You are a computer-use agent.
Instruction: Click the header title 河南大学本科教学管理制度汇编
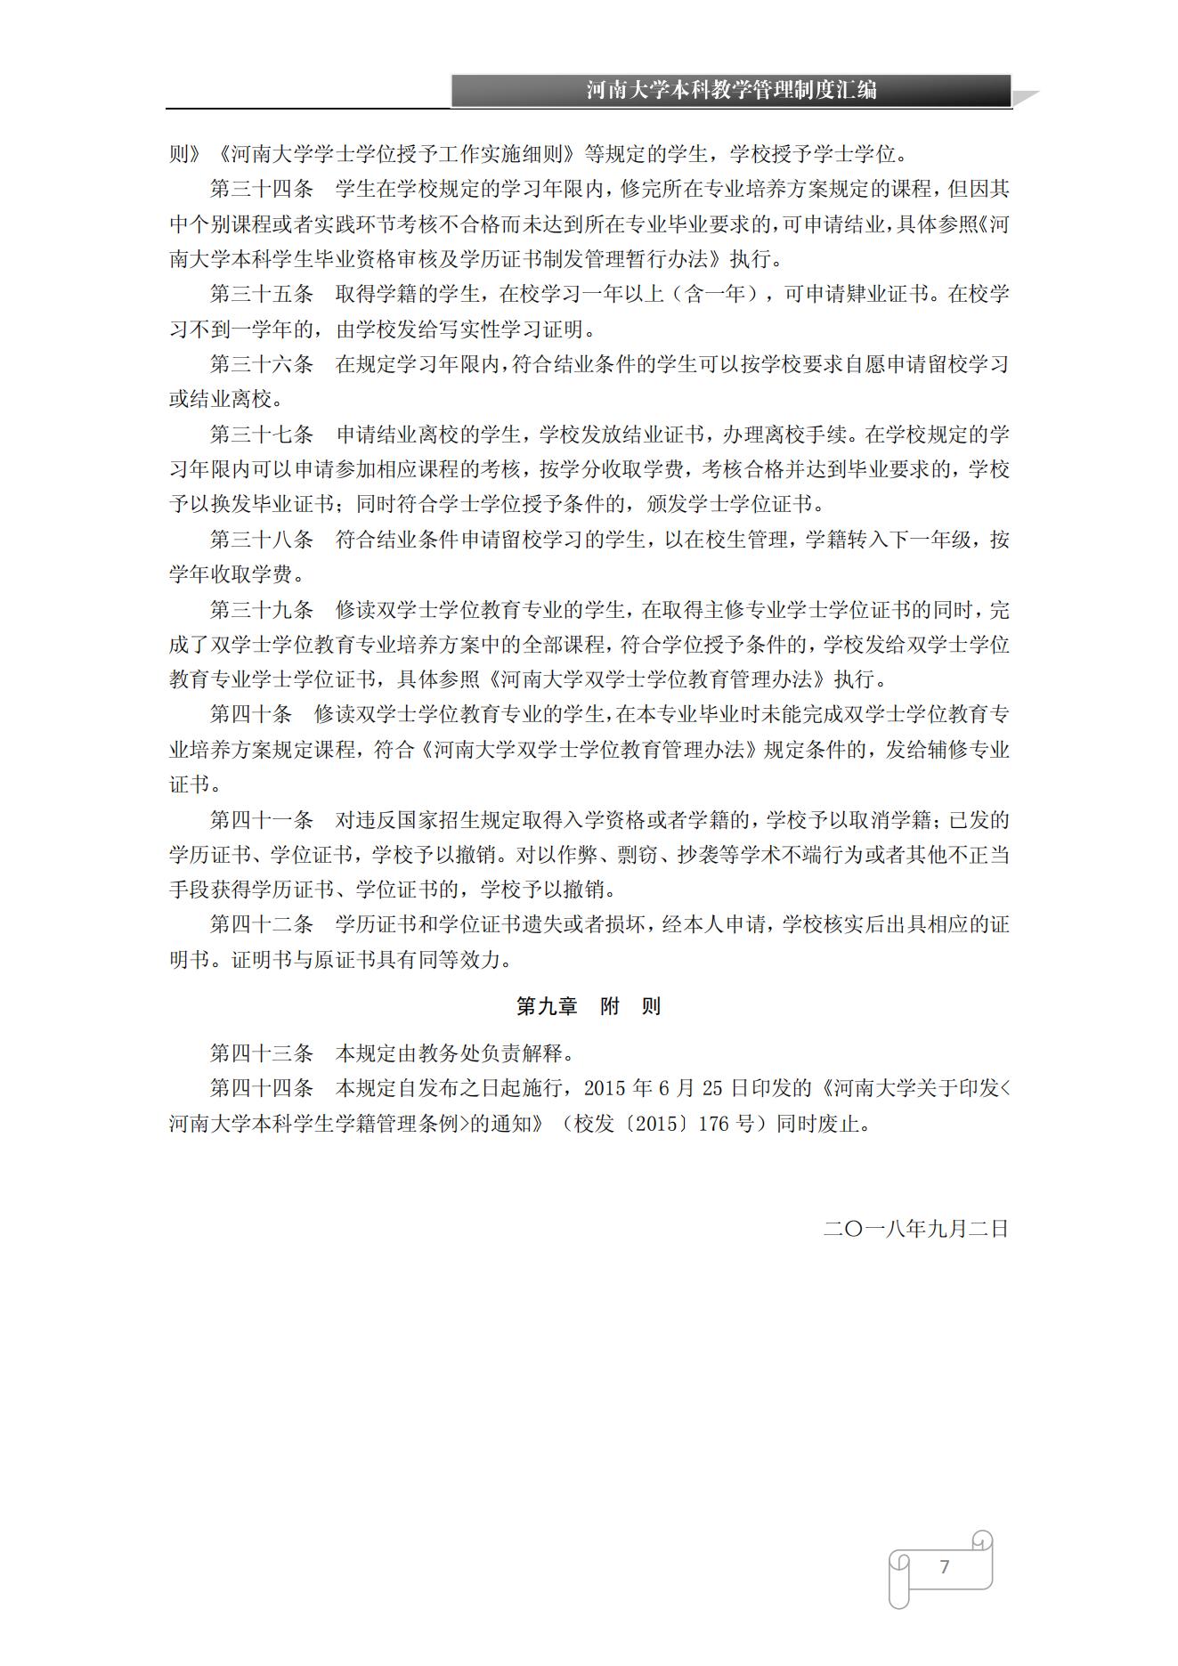pyautogui.click(x=731, y=91)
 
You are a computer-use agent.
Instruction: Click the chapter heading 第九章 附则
pyautogui.click(x=589, y=1006)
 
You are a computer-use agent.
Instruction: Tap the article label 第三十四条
pyautogui.click(x=261, y=190)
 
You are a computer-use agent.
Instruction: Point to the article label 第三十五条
pyautogui.click(x=261, y=295)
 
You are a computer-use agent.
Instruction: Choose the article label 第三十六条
pyautogui.click(x=261, y=364)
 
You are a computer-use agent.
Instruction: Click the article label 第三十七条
pyautogui.click(x=261, y=435)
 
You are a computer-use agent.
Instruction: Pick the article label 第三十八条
pyautogui.click(x=261, y=540)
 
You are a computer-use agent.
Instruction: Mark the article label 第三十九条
pyautogui.click(x=261, y=610)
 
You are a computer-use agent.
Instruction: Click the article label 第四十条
pyautogui.click(x=250, y=715)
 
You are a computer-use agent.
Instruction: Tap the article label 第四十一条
pyautogui.click(x=261, y=820)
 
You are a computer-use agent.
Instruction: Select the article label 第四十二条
pyautogui.click(x=261, y=925)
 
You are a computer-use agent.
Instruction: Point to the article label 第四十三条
pyautogui.click(x=261, y=1053)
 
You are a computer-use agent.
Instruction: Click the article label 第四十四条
pyautogui.click(x=261, y=1088)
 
